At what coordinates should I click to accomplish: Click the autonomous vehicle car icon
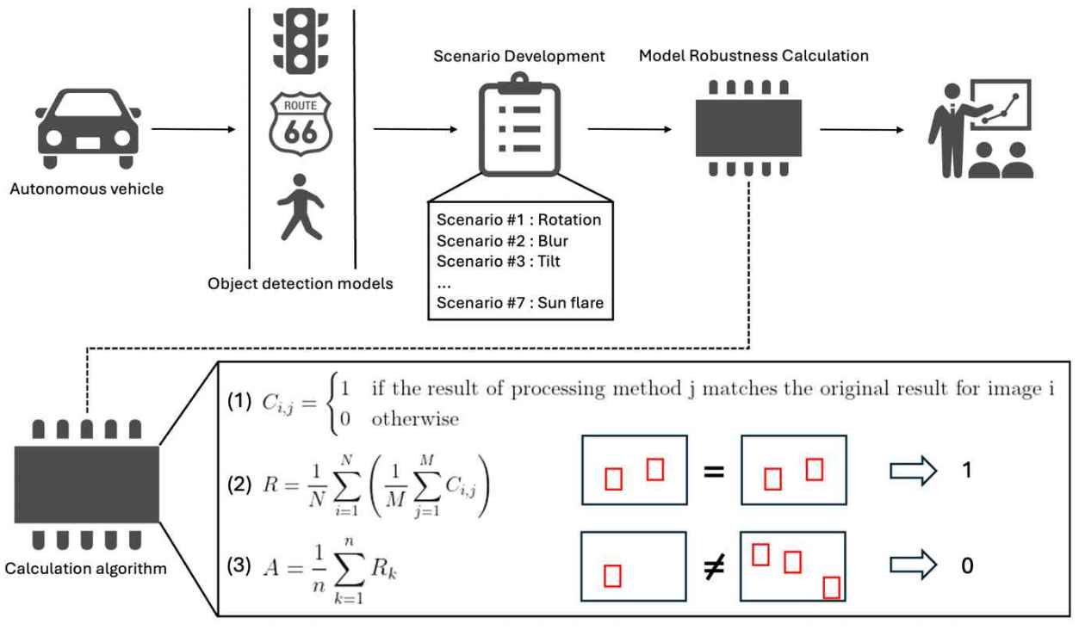(87, 129)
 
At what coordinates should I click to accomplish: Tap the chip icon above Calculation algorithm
(86, 484)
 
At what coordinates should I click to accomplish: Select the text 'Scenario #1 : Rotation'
(518, 219)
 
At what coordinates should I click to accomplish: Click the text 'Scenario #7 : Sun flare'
(519, 302)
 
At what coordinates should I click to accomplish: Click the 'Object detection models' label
(300, 283)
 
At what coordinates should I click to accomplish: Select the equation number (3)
(239, 566)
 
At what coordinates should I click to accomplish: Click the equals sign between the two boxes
(713, 471)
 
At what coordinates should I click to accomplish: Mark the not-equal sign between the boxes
(713, 565)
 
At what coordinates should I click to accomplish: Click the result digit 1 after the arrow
(966, 471)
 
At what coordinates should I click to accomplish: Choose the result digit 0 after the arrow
(966, 566)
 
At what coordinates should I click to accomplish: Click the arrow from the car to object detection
(193, 130)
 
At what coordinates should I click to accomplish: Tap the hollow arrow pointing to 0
(911, 566)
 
